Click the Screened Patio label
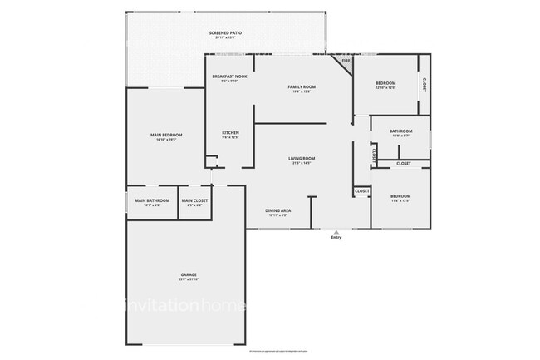pyautogui.click(x=226, y=34)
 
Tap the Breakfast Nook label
pyautogui.click(x=229, y=76)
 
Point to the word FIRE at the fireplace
pyautogui.click(x=346, y=61)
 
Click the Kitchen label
pyautogui.click(x=230, y=133)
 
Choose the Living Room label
pyautogui.click(x=302, y=158)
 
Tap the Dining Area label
pyautogui.click(x=278, y=210)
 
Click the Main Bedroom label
pyautogui.click(x=166, y=135)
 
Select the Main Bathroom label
pyautogui.click(x=153, y=200)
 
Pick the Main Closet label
pyautogui.click(x=194, y=200)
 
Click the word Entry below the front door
pyautogui.click(x=336, y=238)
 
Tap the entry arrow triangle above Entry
pyautogui.click(x=336, y=232)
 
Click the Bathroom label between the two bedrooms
pyautogui.click(x=401, y=131)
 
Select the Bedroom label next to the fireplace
pyautogui.click(x=385, y=83)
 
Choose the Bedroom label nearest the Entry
pyautogui.click(x=400, y=196)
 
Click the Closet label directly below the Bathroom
pyautogui.click(x=403, y=164)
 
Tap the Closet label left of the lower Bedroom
pyautogui.click(x=362, y=191)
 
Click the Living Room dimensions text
pyautogui.click(x=302, y=163)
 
